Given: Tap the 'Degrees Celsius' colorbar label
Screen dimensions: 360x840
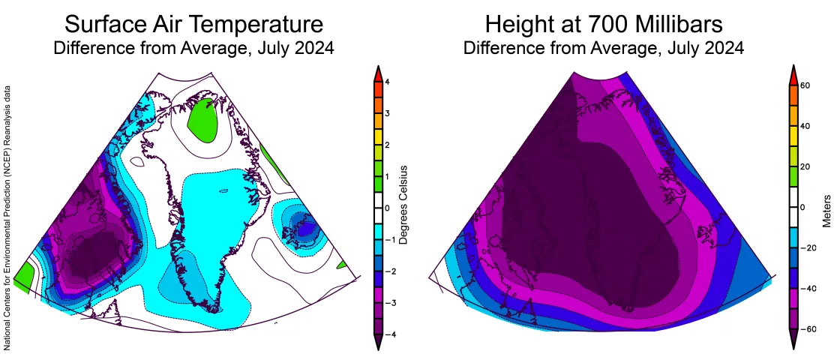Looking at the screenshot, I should pos(403,204).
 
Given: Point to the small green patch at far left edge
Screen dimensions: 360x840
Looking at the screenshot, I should pos(24,278).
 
